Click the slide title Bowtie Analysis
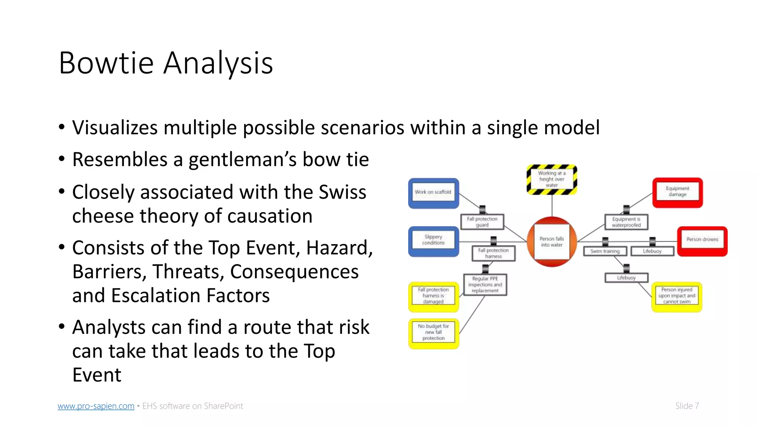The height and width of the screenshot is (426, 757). click(166, 63)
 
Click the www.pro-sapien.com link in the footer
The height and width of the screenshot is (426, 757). click(96, 406)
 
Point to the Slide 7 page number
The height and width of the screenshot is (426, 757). click(687, 406)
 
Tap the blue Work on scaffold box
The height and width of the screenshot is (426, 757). click(433, 193)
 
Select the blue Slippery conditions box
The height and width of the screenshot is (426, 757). click(433, 241)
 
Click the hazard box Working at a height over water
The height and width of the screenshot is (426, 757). click(551, 179)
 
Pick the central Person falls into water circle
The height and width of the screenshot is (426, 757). click(551, 242)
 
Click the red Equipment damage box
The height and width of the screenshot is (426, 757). click(677, 192)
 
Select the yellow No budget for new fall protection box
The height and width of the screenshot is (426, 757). click(433, 332)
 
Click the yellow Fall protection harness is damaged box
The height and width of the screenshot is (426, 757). click(433, 296)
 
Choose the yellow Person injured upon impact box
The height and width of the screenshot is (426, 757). click(676, 296)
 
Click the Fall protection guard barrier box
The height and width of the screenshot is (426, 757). click(482, 222)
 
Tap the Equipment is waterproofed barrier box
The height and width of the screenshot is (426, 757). click(626, 222)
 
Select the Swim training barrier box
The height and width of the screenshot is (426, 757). click(605, 251)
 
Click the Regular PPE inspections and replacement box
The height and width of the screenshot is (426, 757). click(485, 285)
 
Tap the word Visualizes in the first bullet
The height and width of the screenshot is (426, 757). click(115, 128)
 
